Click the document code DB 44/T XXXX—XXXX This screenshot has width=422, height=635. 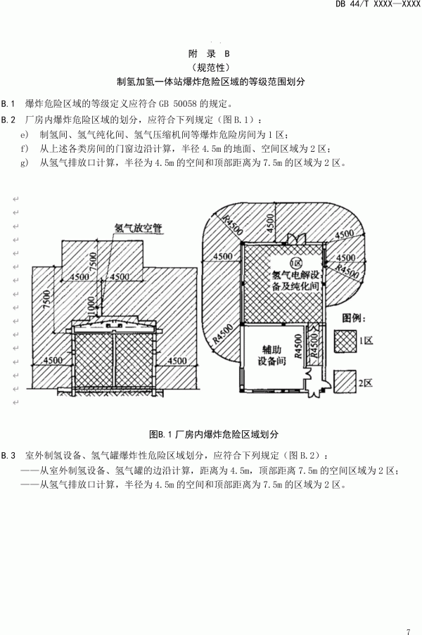(x=381, y=6)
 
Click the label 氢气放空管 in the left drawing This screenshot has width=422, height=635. (x=138, y=229)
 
